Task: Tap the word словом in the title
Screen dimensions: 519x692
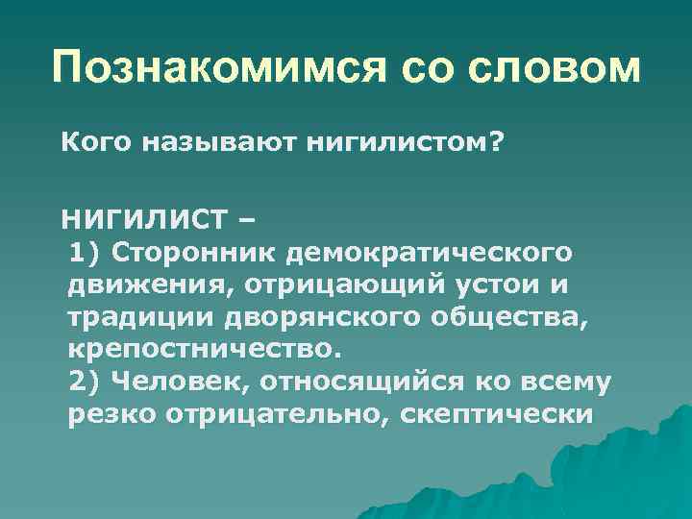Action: pos(556,68)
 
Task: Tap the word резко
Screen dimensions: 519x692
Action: pos(111,414)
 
